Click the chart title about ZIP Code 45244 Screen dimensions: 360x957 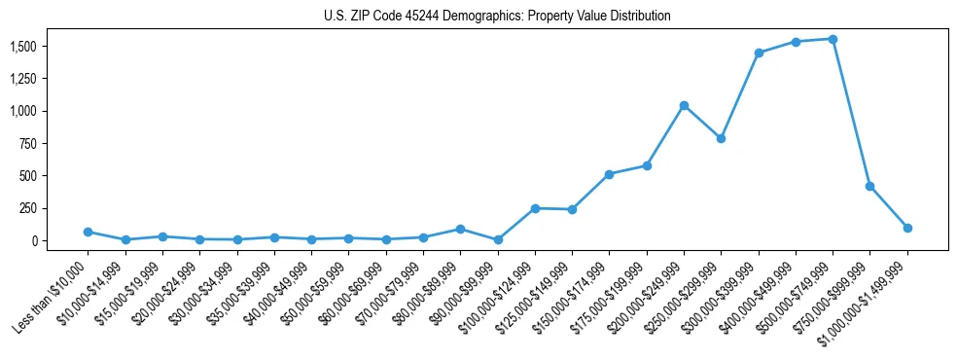[497, 17]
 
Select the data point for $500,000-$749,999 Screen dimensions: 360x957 [833, 39]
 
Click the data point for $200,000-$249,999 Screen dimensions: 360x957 [684, 105]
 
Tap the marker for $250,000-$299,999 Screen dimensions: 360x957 [721, 138]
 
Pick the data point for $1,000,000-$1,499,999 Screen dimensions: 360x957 [907, 228]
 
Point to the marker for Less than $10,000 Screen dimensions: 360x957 [88, 232]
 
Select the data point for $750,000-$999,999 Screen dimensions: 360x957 [869, 186]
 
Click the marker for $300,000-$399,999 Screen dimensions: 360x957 [759, 53]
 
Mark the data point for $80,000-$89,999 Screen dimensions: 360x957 [460, 229]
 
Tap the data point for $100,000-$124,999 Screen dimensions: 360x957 [535, 208]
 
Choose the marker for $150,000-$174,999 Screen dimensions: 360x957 [609, 174]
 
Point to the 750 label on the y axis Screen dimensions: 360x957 [28, 143]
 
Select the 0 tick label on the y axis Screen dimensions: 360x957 [33, 240]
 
